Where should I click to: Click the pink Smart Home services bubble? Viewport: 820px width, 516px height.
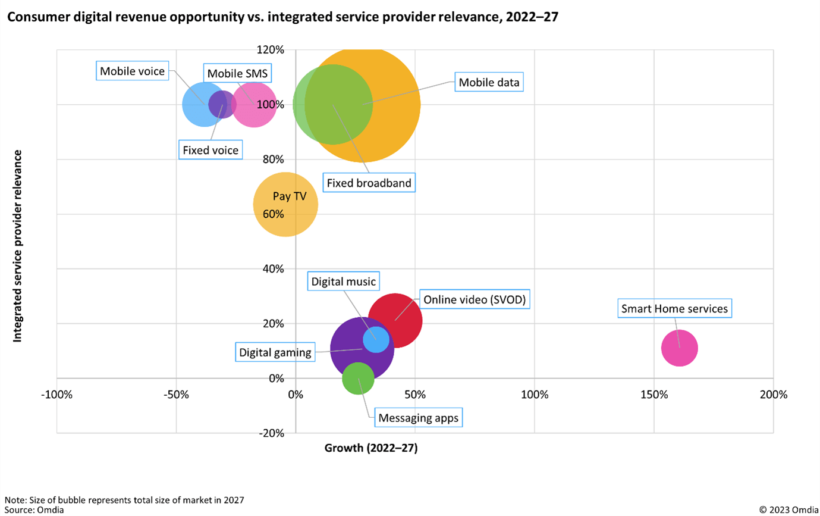[679, 348]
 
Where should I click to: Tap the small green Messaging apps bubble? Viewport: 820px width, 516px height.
[358, 379]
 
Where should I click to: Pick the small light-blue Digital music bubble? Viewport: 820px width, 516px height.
[376, 339]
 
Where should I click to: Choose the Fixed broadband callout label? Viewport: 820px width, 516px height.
[369, 183]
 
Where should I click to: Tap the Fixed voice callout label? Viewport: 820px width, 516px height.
[211, 150]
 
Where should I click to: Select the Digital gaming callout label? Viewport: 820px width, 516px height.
[275, 352]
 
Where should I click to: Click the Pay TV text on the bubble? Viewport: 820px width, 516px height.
[290, 196]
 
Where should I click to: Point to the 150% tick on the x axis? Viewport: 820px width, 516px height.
[654, 395]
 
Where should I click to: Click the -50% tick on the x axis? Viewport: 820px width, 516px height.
[176, 395]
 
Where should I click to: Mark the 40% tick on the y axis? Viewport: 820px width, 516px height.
[274, 269]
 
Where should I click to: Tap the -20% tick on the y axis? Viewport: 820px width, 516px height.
[272, 433]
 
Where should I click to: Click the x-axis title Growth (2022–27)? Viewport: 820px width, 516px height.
[371, 449]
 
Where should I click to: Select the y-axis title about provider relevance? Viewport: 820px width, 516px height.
[18, 246]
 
